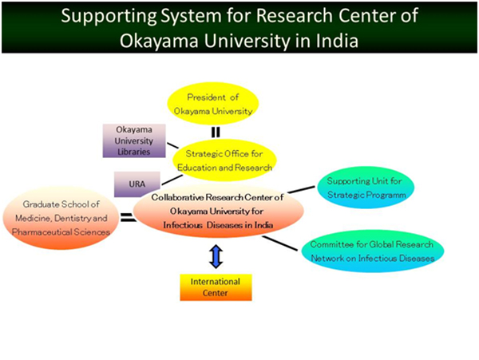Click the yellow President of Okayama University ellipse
pos(213,104)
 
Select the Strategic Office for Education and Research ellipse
pos(224,160)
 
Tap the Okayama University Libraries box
pos(134,140)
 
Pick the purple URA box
pos(137,184)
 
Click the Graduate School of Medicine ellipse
pos(61,218)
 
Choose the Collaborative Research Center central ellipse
pos(218,211)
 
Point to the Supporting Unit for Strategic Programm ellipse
pos(366,188)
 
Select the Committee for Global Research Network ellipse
pos(372,251)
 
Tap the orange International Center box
pos(216,287)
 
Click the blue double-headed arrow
pos(216,256)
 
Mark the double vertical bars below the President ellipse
pos(216,133)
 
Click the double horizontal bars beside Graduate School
pos(128,217)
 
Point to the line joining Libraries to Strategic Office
pos(172,145)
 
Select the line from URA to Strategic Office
pos(172,180)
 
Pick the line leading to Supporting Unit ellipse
pos(301,189)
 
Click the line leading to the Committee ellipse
pos(280,243)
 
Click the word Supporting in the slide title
pos(109,16)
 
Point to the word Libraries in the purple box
pos(134,152)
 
